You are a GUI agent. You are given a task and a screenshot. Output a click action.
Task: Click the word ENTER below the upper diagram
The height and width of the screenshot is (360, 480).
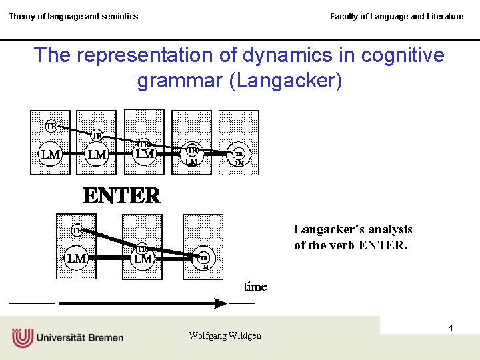[121, 196]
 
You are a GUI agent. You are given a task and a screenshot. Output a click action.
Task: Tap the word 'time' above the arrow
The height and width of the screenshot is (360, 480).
[255, 287]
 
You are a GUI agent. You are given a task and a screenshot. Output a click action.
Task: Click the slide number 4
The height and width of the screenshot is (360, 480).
[451, 328]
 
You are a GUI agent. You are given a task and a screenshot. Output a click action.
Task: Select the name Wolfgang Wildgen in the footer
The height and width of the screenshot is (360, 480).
[225, 335]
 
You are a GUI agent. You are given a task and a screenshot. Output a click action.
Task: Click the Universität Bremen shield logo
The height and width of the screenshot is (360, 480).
[22, 337]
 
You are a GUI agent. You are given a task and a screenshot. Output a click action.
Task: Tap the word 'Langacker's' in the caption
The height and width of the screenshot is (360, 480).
[324, 229]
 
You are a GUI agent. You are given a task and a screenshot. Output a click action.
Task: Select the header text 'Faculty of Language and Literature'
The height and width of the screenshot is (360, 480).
[397, 16]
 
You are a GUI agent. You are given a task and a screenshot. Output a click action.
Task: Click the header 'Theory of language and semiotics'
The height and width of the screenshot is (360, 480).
[73, 16]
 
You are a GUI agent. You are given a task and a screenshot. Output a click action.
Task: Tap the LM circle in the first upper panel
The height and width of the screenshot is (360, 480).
[51, 154]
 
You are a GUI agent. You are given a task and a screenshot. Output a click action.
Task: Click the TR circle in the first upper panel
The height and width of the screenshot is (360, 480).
[51, 126]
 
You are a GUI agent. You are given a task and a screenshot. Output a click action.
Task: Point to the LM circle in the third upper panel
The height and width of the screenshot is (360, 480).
[145, 154]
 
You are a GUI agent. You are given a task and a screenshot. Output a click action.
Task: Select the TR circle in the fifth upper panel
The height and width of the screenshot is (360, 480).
[239, 153]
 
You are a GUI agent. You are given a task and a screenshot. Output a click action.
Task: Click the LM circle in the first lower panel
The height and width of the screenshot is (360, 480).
[77, 258]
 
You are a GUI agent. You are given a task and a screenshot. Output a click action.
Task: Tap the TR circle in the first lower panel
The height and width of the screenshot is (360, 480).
[77, 231]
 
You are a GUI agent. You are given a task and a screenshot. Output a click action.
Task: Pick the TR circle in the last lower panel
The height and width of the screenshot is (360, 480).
[204, 257]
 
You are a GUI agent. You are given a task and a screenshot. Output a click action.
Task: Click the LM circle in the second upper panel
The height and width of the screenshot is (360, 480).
[97, 154]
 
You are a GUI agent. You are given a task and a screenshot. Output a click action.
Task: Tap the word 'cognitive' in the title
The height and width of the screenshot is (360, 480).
[400, 55]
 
